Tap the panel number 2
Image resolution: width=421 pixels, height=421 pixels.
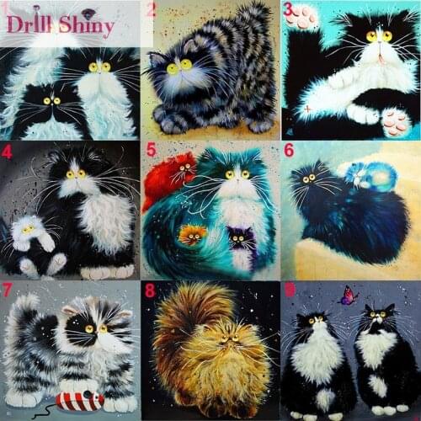152,10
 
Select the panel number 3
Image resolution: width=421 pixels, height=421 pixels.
288,10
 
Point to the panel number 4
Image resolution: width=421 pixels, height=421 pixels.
8,152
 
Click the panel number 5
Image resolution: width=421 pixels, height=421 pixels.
152,152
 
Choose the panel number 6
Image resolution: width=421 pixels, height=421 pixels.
288,151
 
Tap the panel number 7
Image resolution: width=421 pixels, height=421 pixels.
8,290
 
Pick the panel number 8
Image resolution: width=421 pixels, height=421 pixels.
150,291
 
